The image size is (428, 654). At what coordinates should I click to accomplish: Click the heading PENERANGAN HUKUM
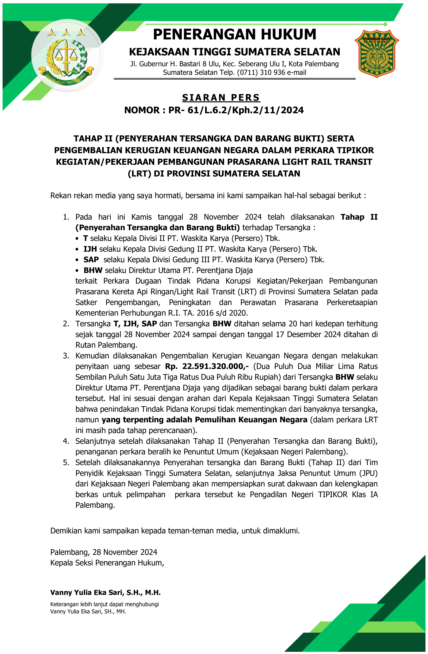(234, 34)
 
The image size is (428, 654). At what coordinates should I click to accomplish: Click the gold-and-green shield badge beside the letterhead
(377, 54)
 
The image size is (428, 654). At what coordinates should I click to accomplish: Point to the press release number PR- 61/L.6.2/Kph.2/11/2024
(236, 110)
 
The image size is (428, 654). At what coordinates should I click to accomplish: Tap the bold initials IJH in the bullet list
(90, 249)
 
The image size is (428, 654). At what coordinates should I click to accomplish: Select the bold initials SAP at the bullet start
(91, 260)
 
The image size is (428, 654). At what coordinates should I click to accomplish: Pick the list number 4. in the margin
(66, 441)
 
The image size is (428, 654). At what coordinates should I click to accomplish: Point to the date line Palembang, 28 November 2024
(104, 552)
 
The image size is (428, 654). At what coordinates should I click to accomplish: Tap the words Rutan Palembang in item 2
(106, 345)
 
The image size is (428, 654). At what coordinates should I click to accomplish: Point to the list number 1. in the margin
(66, 217)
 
